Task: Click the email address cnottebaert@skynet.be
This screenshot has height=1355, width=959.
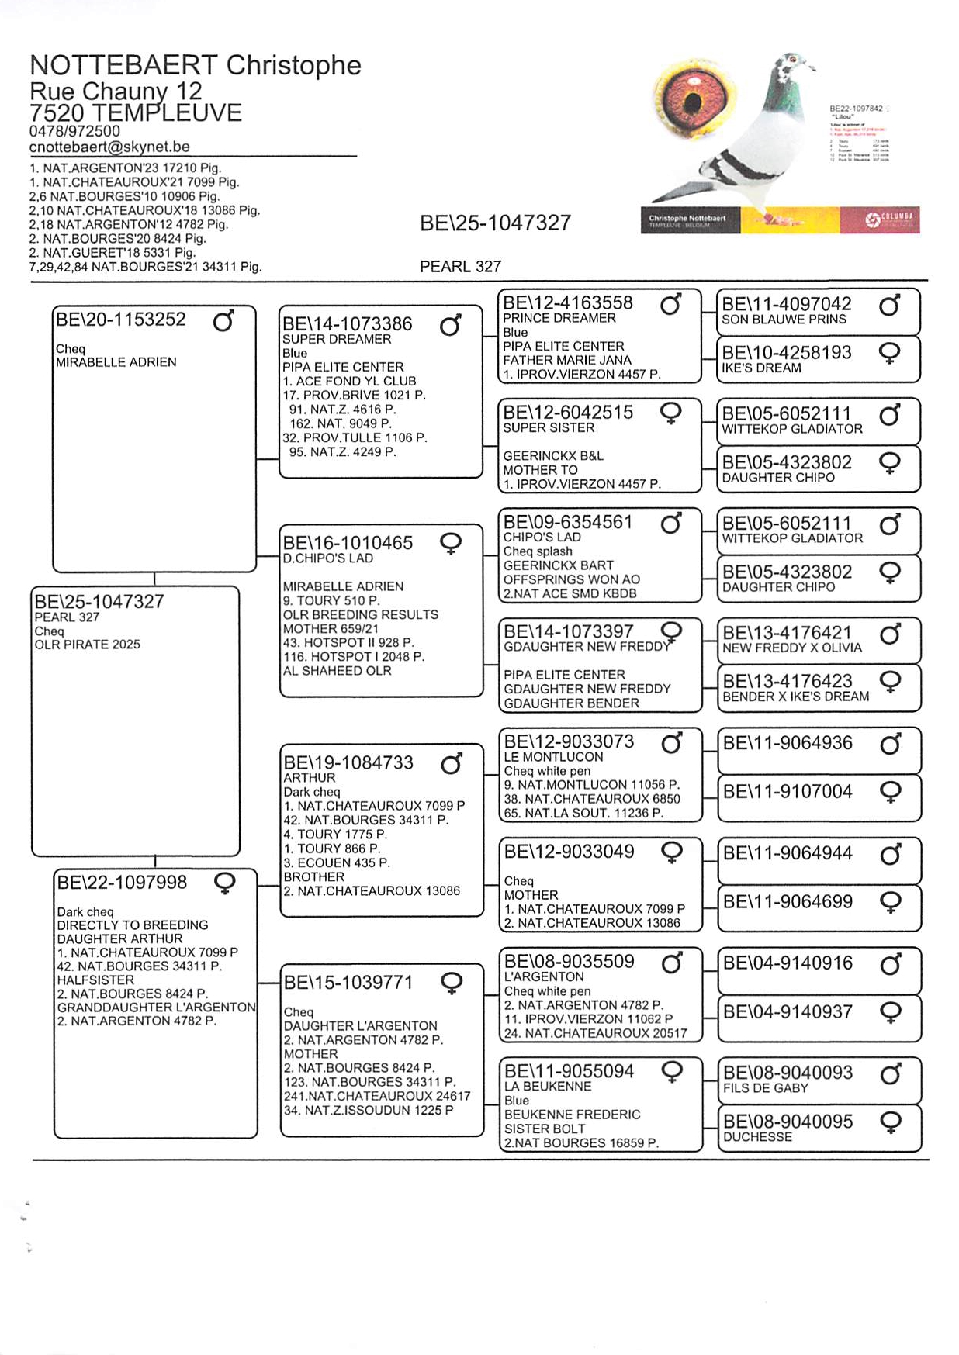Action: click(109, 147)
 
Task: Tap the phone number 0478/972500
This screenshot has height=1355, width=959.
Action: click(74, 131)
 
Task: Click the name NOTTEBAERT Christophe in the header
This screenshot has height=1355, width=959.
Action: click(195, 65)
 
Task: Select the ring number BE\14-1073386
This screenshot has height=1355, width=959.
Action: click(347, 324)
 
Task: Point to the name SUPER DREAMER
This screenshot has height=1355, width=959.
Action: click(336, 339)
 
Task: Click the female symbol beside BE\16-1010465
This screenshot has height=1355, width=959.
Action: click(451, 544)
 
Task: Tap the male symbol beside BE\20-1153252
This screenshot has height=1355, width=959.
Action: click(223, 320)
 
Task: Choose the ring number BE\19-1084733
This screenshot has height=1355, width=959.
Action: click(348, 763)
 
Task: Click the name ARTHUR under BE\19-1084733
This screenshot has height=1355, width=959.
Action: click(309, 778)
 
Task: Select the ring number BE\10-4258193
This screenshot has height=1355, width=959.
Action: click(786, 353)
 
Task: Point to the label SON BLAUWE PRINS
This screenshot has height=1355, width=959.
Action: click(784, 320)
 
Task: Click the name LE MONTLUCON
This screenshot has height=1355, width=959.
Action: click(553, 757)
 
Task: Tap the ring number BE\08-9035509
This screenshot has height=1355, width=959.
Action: click(569, 962)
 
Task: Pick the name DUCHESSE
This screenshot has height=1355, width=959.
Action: click(757, 1137)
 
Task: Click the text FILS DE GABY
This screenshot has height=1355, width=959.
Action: click(765, 1088)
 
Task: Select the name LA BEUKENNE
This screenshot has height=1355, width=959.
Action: click(547, 1087)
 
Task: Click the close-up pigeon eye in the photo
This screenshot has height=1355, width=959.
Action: click(693, 99)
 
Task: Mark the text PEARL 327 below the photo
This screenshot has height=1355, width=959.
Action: click(460, 267)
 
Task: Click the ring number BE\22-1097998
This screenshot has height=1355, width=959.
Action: click(122, 883)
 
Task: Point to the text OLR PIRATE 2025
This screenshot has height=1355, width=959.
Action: click(87, 645)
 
